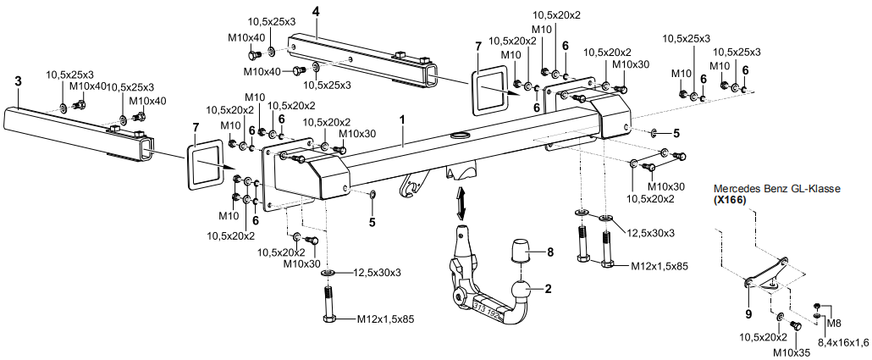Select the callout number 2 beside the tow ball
point(548,289)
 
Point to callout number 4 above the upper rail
point(315,11)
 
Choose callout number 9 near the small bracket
point(748,313)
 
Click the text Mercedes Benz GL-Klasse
point(776,189)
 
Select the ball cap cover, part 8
point(521,252)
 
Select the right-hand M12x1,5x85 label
point(660,265)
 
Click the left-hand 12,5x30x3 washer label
point(377,273)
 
